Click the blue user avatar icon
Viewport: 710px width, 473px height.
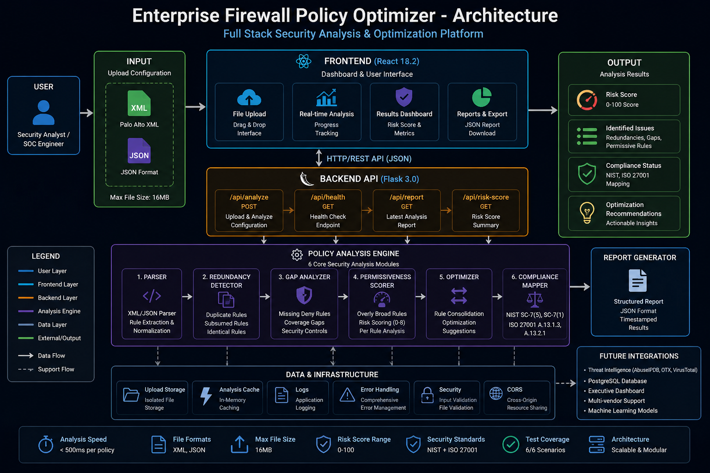coord(43,112)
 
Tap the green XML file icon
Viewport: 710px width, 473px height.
coord(139,103)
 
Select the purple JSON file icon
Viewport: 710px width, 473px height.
coord(139,151)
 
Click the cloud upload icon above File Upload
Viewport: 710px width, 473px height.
coord(249,97)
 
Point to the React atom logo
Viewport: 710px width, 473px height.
coord(303,61)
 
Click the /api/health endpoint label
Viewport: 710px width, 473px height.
coord(328,197)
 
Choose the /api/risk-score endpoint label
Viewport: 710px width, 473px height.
coord(486,197)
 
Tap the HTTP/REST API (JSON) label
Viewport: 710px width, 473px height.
coord(369,158)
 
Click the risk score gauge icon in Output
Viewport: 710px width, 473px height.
coord(587,100)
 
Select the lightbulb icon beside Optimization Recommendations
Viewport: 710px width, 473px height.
coord(587,213)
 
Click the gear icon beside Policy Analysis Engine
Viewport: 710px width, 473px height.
coord(297,255)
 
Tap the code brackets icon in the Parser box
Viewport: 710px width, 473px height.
coord(152,296)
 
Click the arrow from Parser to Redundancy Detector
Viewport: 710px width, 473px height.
coord(187,297)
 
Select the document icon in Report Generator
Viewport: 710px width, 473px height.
coord(638,280)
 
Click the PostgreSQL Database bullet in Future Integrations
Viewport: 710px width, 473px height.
coord(617,381)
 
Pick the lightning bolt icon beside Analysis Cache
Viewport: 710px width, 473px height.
coord(206,396)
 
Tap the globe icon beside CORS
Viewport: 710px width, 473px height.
coord(496,394)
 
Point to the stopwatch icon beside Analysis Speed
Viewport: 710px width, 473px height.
coord(46,444)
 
